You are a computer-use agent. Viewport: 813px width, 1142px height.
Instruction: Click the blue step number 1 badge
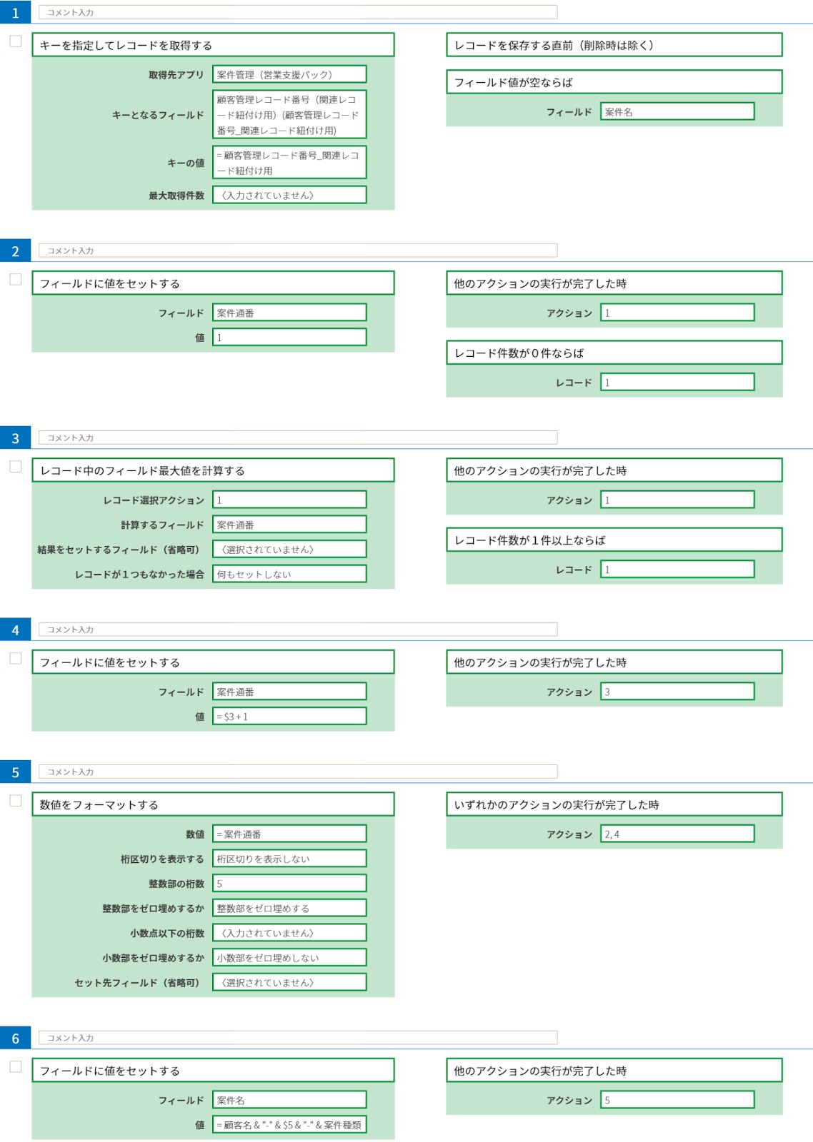[15, 12]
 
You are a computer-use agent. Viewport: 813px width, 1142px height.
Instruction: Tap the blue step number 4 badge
[15, 630]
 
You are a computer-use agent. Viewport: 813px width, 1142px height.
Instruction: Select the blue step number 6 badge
[15, 1038]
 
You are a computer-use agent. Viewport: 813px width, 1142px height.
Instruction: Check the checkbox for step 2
[16, 279]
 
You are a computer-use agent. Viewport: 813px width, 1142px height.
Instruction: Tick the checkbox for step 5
[16, 801]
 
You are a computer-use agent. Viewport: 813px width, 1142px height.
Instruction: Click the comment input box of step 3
[298, 438]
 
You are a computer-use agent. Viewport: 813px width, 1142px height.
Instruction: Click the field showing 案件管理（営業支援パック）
[289, 74]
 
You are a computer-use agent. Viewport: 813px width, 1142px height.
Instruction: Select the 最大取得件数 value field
[289, 196]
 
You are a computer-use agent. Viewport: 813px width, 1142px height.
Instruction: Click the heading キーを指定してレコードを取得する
[214, 46]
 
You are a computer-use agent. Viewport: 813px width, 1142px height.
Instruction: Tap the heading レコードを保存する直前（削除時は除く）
[614, 46]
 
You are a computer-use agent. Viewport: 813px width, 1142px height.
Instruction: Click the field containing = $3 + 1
[289, 717]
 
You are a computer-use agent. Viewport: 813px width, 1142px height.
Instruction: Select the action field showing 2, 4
[677, 834]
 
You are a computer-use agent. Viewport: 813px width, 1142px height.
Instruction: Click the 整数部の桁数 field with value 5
[289, 884]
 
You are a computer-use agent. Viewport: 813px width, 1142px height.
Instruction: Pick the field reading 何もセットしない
[289, 574]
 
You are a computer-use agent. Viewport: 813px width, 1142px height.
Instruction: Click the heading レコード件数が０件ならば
[614, 353]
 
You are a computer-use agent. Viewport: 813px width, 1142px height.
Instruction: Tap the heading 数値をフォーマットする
[214, 804]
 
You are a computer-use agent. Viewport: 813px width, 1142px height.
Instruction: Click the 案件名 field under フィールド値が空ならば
[677, 111]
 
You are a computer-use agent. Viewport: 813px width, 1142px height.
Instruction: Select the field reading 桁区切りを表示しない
[289, 859]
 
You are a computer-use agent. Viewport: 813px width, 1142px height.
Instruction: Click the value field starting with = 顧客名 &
[289, 1125]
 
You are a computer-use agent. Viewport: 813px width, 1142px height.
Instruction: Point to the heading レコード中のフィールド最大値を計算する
[214, 470]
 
